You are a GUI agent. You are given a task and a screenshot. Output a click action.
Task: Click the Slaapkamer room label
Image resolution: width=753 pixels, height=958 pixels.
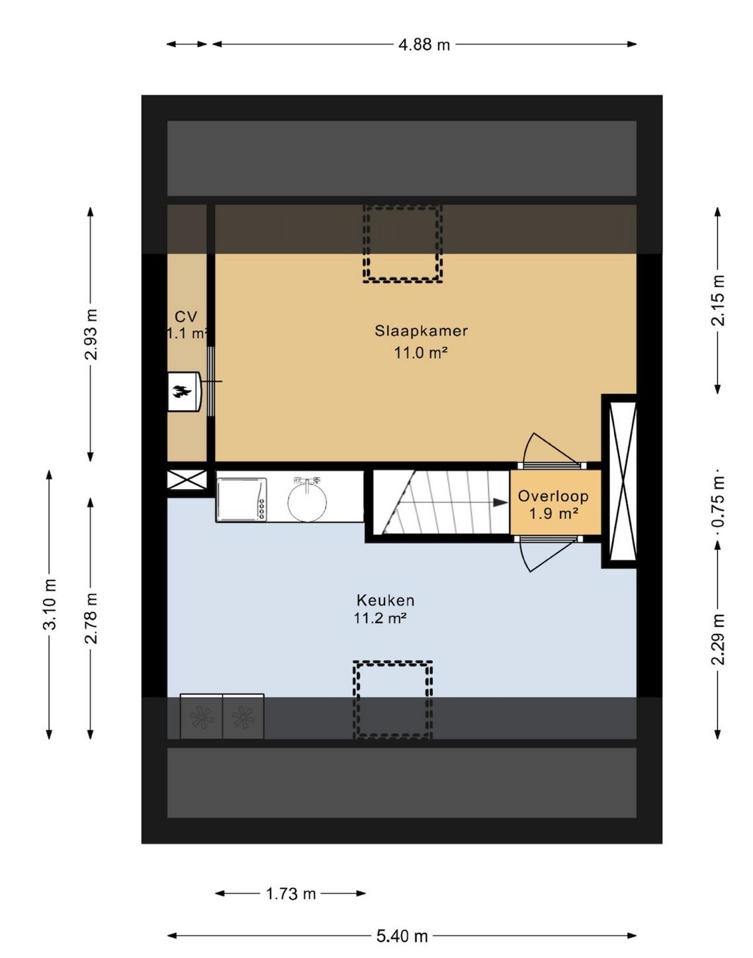tap(421, 331)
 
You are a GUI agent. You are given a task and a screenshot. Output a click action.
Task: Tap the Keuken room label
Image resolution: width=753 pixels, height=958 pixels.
tap(385, 600)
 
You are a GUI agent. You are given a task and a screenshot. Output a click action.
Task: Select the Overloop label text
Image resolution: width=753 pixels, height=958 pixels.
tap(553, 496)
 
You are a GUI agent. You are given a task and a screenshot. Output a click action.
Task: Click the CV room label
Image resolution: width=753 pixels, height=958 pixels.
tap(186, 317)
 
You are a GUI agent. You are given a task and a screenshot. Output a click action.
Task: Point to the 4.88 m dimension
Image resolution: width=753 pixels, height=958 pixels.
tap(424, 44)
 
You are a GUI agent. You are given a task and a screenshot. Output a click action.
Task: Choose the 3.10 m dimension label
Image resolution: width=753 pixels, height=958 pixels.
tap(50, 604)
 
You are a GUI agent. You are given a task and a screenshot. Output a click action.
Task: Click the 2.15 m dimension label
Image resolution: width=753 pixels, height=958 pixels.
tap(718, 300)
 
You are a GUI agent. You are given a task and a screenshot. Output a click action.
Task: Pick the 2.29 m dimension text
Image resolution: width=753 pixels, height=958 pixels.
tap(718, 639)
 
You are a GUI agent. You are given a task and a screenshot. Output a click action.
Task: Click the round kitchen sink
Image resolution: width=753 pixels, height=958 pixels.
tap(307, 500)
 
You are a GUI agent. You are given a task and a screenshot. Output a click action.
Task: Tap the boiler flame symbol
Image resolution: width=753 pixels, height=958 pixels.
tap(181, 391)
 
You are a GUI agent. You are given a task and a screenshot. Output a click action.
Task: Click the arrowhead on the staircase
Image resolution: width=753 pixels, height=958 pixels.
tap(500, 502)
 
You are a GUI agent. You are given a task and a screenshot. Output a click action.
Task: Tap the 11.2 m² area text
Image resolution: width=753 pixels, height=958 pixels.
tap(380, 618)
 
